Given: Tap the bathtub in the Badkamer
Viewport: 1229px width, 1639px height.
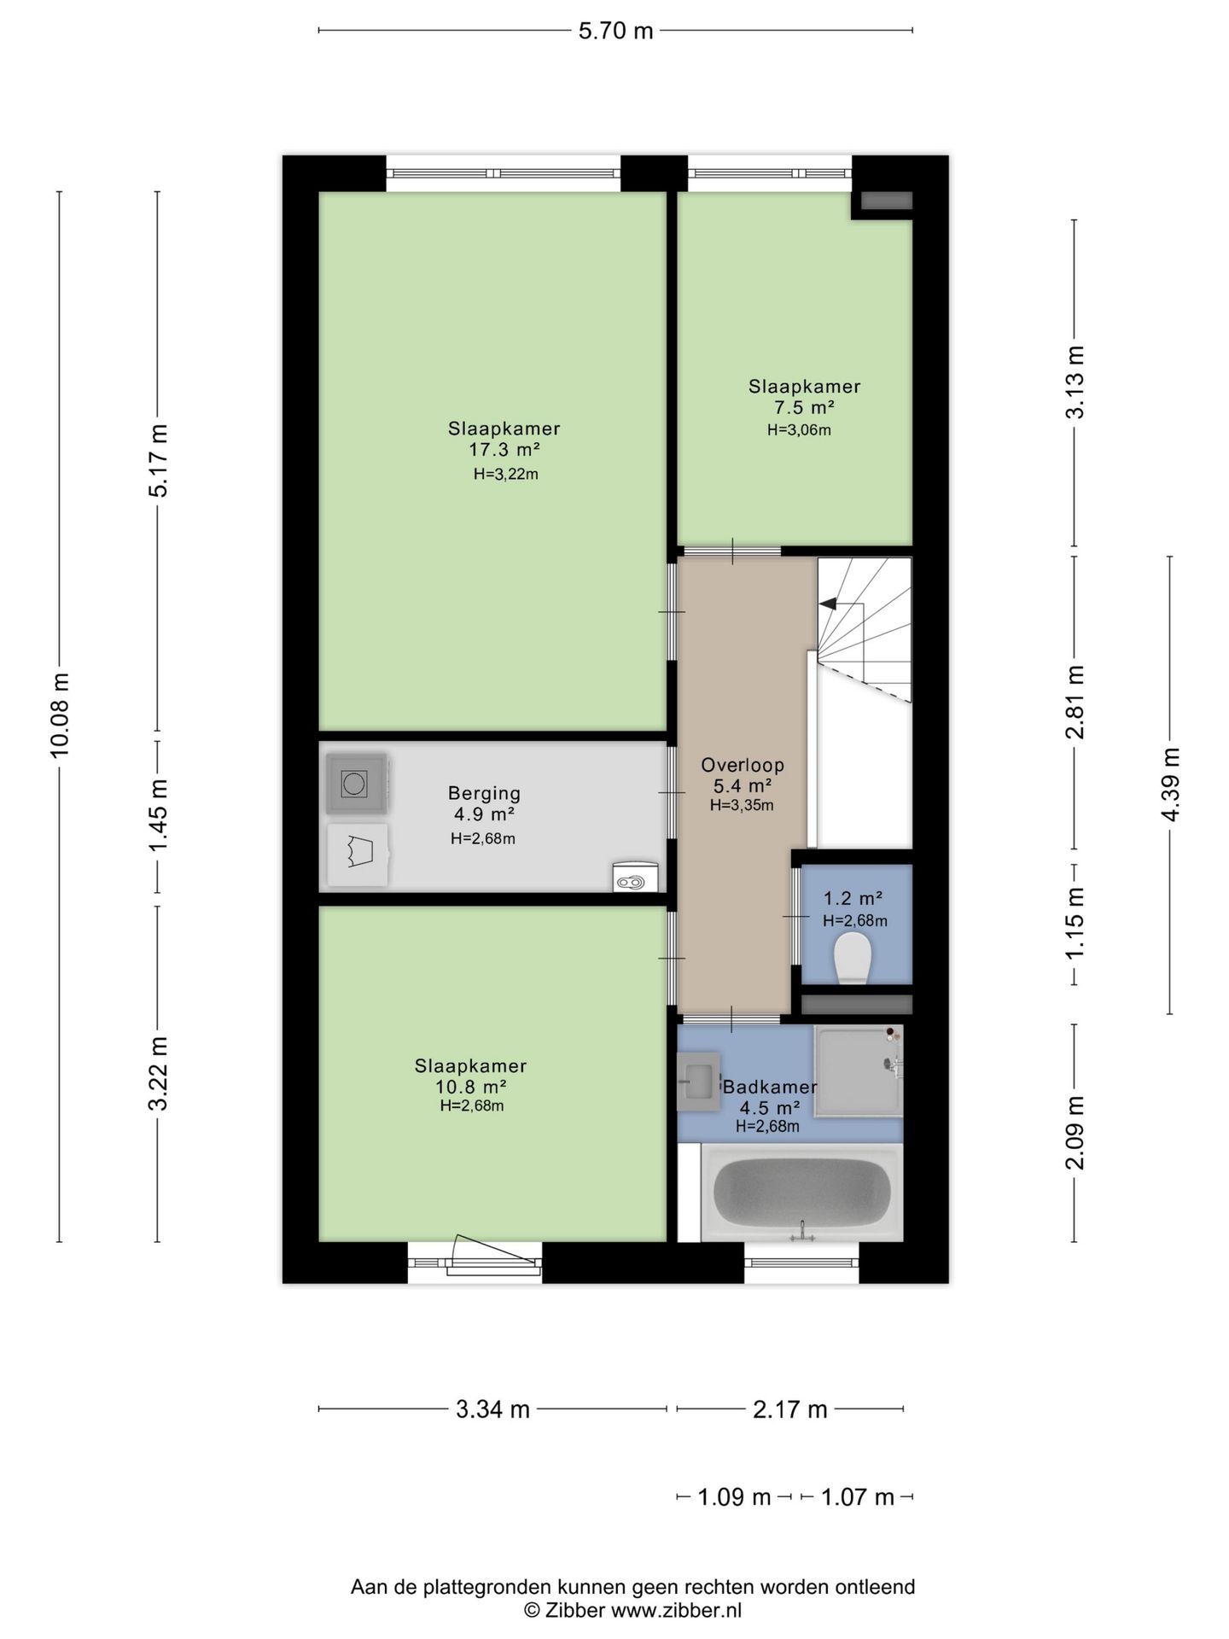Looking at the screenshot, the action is [801, 1192].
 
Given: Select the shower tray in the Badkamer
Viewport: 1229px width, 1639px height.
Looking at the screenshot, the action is [858, 1070].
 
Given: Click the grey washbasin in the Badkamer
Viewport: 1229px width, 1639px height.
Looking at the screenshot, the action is [698, 1080].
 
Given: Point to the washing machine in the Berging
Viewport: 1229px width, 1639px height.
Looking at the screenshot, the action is [357, 782].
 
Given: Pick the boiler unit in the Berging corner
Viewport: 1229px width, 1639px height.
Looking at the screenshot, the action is [636, 877].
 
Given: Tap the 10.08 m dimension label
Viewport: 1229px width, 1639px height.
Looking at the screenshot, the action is [60, 715].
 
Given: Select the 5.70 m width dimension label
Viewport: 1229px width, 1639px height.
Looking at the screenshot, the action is [615, 31].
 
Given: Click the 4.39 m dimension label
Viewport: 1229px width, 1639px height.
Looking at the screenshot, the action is [1170, 785].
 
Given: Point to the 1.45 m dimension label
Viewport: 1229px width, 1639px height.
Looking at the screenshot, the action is [158, 815].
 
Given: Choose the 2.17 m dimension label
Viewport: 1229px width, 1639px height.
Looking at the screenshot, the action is [789, 1409].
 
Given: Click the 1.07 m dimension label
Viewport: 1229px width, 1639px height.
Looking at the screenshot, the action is [857, 1496].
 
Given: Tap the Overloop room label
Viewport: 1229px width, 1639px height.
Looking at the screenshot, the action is [743, 765].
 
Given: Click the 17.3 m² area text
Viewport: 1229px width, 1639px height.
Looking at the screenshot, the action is [504, 450].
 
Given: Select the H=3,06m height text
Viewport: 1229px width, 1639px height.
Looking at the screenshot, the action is [799, 430].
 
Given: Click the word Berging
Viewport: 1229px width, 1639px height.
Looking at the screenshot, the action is [484, 794].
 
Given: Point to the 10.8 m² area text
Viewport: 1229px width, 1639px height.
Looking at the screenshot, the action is [471, 1087].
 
